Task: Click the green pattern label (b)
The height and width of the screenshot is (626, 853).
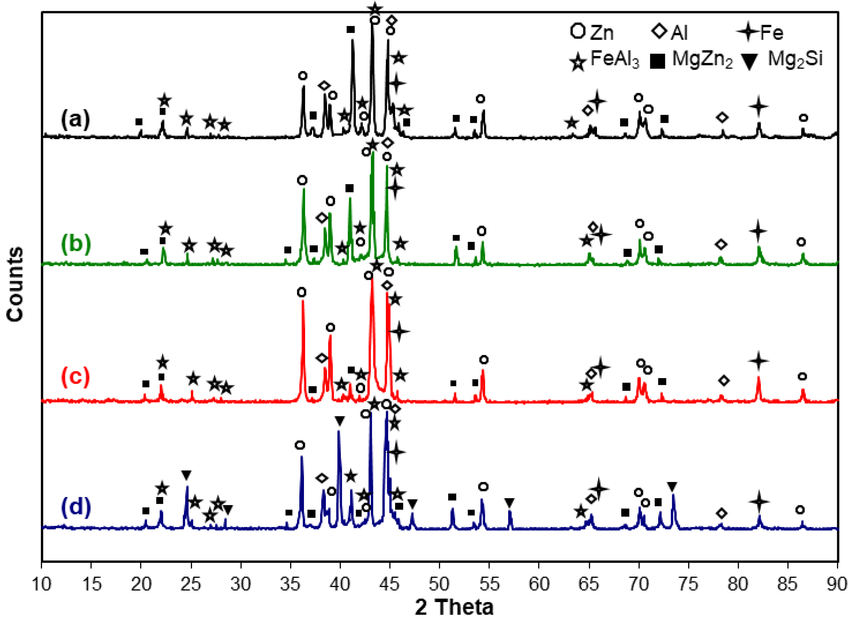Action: (x=76, y=244)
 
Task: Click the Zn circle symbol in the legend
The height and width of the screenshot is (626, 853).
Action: (x=578, y=31)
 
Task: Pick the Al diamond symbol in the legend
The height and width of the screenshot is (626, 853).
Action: (x=660, y=31)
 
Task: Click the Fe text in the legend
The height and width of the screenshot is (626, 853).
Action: (x=772, y=33)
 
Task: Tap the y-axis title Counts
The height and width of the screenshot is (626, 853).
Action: (x=15, y=284)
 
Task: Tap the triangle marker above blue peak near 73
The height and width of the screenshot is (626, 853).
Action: (x=672, y=486)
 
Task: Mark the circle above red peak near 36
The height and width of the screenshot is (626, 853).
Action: (x=302, y=292)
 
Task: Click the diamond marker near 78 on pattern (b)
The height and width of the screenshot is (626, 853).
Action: (x=721, y=244)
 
